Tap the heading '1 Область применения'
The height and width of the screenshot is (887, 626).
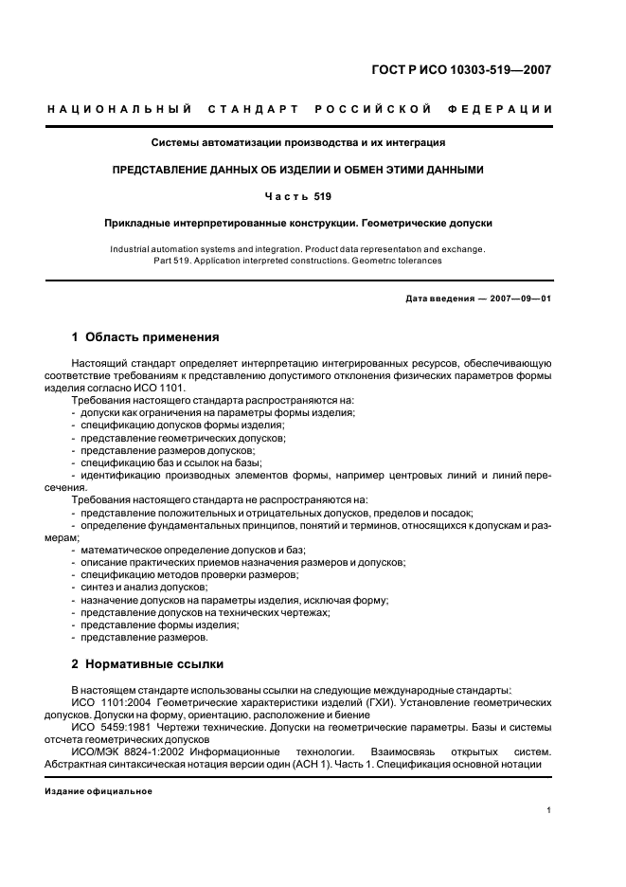[146, 336]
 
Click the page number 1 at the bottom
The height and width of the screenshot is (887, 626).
[549, 809]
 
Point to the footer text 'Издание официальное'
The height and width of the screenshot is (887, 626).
[98, 790]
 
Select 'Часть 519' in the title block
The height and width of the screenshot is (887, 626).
[298, 197]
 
